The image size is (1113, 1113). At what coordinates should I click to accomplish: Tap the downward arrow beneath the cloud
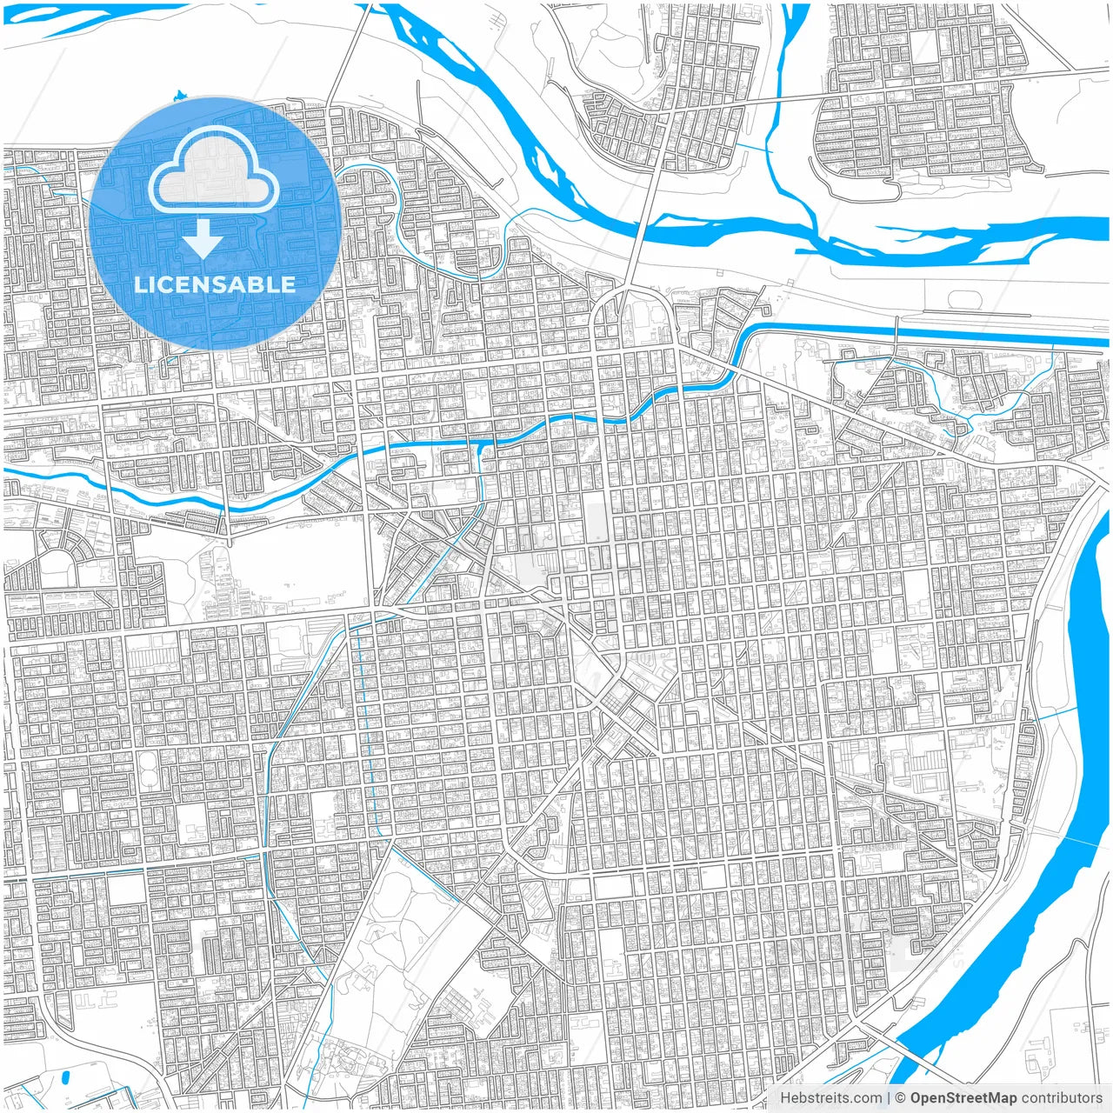pos(203,239)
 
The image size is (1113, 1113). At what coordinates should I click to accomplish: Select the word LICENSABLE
pos(214,284)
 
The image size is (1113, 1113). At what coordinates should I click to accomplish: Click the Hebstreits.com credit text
pos(830,1097)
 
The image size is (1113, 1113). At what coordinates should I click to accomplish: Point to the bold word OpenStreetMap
pos(963,1097)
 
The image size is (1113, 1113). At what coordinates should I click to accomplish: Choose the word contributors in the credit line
pos(1062,1097)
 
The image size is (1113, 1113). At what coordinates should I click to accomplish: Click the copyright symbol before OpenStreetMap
pos(900,1097)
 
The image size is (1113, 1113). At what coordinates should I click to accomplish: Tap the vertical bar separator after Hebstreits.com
pos(888,1097)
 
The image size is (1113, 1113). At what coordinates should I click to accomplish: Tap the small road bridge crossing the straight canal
pos(896,329)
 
